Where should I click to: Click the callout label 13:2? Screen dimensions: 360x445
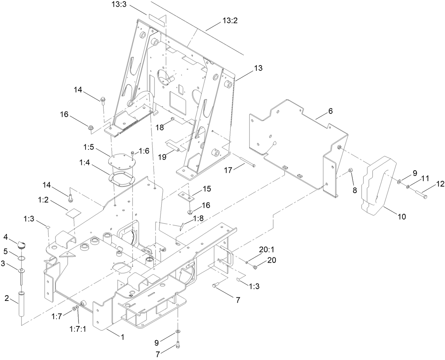click(x=230, y=21)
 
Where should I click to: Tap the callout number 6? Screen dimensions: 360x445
click(x=330, y=111)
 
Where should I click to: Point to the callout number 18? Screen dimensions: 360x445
click(x=160, y=127)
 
